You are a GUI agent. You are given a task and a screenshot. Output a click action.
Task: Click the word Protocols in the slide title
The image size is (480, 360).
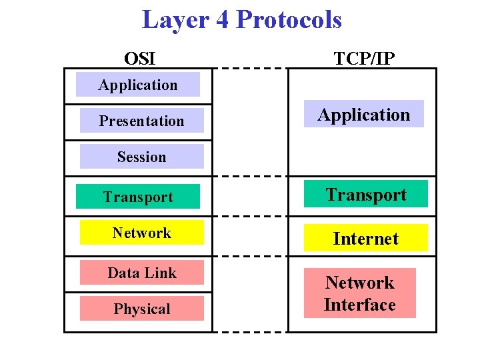pos(289,20)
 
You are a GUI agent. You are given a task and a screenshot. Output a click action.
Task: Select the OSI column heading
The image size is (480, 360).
pos(140,59)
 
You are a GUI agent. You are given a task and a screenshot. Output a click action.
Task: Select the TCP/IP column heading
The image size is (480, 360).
pos(364,59)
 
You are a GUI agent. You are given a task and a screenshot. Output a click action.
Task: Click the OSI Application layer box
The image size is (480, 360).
pos(138,85)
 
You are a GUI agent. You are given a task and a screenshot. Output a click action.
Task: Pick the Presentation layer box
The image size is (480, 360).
pos(141,121)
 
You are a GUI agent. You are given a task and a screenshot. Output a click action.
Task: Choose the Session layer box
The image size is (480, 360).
pos(141,157)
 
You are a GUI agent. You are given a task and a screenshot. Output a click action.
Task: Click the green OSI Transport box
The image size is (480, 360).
pos(138,197)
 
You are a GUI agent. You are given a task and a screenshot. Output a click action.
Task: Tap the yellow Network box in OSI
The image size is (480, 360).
pos(141,233)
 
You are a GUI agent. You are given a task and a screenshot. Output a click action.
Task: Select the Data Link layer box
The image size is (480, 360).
pos(141,273)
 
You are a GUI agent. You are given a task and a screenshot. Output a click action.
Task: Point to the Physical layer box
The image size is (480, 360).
pos(141,309)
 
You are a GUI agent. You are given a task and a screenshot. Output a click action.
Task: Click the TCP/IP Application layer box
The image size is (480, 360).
pos(364,114)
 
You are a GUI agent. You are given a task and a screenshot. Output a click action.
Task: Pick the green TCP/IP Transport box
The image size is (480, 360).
pos(365,194)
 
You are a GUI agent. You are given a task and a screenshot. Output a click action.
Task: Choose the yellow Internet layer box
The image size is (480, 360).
pos(365,238)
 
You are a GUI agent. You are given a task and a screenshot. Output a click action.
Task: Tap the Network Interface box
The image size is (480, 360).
pos(360,293)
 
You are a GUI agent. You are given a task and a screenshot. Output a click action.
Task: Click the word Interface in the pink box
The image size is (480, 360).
pos(360,305)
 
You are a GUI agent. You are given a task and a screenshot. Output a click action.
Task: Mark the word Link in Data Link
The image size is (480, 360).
pos(162,273)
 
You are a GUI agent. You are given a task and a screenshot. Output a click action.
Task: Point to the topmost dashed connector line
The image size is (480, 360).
pos(250,68)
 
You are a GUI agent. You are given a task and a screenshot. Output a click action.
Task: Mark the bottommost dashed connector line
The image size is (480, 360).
pos(250,331)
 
